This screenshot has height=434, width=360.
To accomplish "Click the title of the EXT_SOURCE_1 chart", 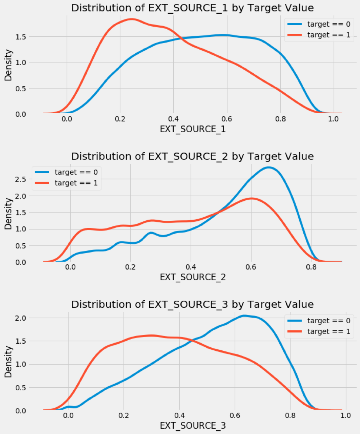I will click(x=192, y=8).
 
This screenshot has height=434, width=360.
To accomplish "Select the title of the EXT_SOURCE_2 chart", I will click(x=192, y=156).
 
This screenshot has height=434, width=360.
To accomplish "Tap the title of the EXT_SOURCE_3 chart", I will click(x=192, y=304).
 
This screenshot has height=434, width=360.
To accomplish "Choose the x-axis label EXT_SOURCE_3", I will click(x=192, y=426).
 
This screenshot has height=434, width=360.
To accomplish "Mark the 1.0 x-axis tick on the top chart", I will click(x=334, y=120).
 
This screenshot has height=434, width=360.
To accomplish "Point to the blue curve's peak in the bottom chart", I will click(x=244, y=316).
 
